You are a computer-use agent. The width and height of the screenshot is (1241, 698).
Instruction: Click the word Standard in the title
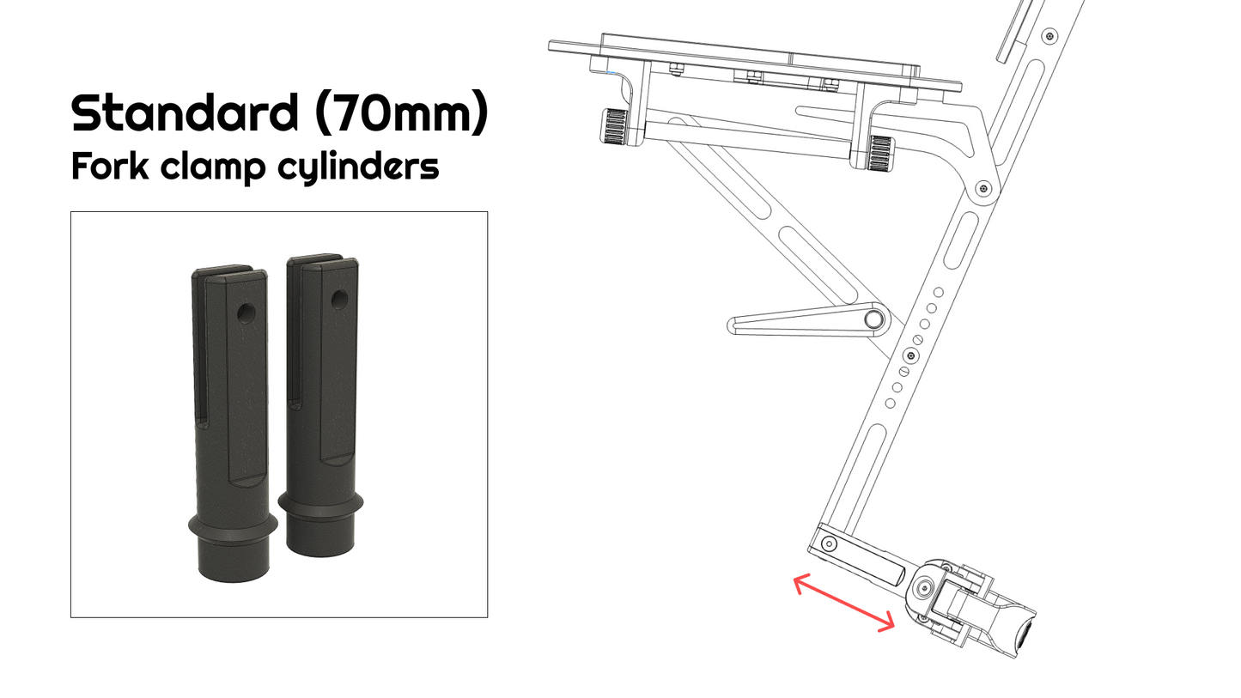click(x=185, y=112)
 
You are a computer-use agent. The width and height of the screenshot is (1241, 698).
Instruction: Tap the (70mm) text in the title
click(x=401, y=112)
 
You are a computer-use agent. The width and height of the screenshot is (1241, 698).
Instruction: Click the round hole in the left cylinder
click(x=246, y=313)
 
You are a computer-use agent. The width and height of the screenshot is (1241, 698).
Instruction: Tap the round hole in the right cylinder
click(x=339, y=300)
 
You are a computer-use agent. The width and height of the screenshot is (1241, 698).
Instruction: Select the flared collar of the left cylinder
click(x=232, y=525)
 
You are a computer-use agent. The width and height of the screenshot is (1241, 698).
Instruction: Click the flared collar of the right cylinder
click(x=319, y=507)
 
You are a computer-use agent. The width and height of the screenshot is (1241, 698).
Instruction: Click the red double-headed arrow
click(x=844, y=604)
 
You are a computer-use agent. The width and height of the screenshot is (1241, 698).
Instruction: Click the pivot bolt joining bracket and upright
click(x=984, y=189)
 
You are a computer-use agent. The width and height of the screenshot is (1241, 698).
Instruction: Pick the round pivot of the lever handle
click(x=874, y=319)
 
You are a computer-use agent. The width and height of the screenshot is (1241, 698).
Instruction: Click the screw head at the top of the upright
click(x=1049, y=36)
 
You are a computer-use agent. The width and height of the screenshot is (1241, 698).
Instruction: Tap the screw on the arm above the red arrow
click(x=829, y=543)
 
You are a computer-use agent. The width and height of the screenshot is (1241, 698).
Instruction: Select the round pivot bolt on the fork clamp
click(x=924, y=589)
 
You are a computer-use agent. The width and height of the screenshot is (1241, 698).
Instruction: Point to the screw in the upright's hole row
click(x=911, y=354)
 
